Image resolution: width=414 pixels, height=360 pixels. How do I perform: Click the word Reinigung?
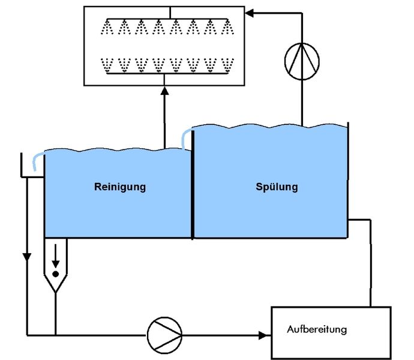click(120, 187)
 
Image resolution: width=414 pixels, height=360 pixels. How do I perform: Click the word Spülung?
click(276, 187)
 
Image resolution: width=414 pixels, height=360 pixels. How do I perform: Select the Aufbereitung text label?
click(317, 329)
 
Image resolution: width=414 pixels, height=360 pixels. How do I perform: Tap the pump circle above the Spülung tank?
click(301, 60)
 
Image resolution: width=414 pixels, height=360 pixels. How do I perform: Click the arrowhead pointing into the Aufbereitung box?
click(264, 334)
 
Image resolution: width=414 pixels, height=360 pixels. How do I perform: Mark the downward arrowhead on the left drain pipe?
click(26, 257)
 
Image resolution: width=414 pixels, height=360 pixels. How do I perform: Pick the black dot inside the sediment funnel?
click(55, 274)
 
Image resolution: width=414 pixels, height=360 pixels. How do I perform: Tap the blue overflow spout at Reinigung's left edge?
click(38, 160)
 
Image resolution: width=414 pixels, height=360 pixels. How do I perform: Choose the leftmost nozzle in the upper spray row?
click(107, 28)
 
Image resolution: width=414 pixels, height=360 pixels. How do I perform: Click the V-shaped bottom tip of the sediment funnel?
click(55, 290)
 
